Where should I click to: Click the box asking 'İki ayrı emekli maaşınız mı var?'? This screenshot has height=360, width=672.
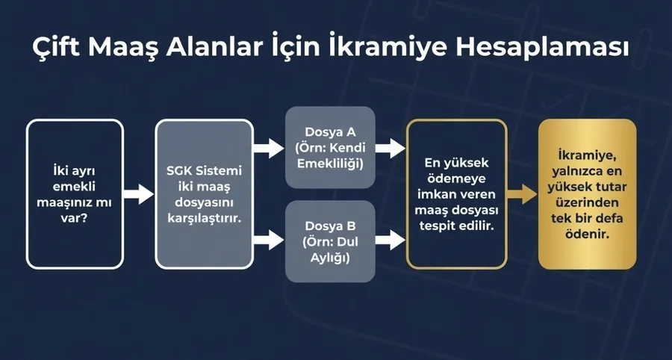tap(75, 194)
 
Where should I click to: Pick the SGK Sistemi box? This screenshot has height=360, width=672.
tap(205, 194)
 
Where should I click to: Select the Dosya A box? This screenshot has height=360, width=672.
tap(329, 148)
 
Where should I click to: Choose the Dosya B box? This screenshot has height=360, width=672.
tap(329, 240)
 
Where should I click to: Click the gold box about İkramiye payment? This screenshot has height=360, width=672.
tap(588, 194)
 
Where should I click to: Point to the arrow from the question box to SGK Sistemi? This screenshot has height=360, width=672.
tap(138, 195)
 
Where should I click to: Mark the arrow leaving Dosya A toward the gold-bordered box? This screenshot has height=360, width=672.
tap(390, 148)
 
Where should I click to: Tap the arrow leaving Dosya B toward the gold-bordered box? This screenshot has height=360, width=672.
tap(390, 240)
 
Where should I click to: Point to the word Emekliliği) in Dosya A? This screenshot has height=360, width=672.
tap(330, 163)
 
